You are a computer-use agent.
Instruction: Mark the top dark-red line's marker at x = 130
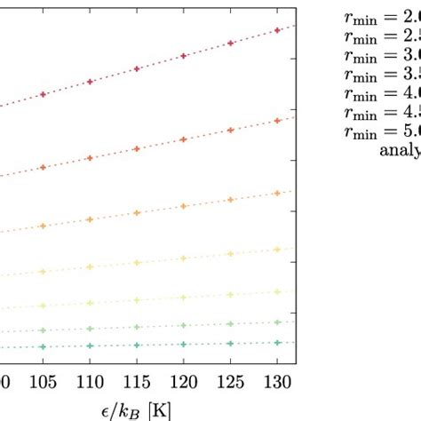[x=277, y=30]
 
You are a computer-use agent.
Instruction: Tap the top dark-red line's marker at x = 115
[x=137, y=68]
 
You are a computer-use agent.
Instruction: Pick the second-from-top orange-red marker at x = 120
[x=183, y=139]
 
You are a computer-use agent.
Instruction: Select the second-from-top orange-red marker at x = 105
[x=44, y=167]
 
